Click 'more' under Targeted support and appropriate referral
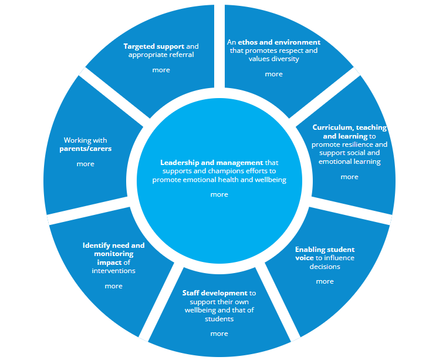click(161, 70)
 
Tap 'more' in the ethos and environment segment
click(273, 74)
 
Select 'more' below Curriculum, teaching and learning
click(349, 177)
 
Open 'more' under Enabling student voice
click(325, 281)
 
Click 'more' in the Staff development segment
click(219, 334)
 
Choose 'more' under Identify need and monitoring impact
click(113, 286)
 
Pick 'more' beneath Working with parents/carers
click(85, 164)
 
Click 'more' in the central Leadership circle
click(219, 194)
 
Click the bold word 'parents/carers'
click(85, 149)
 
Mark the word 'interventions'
click(113, 271)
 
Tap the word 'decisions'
click(325, 266)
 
